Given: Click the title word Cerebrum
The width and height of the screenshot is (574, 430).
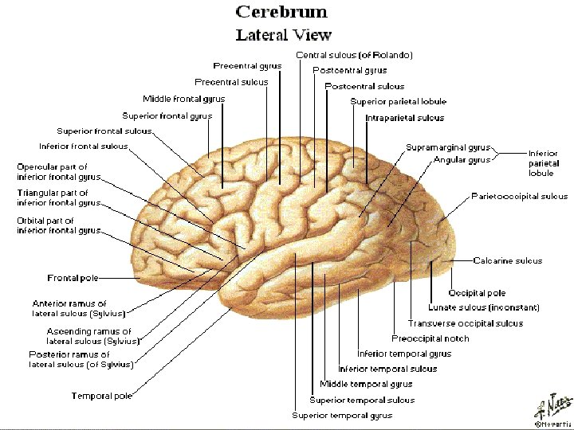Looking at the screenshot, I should pos(281,13).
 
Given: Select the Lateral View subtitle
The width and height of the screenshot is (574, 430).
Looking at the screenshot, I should pos(283,35).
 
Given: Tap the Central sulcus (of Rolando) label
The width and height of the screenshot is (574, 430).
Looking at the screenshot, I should pos(354,55).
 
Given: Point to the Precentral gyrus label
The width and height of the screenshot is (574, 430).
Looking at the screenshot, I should pos(247,65).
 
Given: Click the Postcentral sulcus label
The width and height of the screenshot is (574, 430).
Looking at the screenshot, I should pos(364,86).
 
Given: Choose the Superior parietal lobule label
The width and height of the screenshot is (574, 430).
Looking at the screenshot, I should pos(398,102).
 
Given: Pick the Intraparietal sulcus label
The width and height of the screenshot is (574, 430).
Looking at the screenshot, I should pos(404,118).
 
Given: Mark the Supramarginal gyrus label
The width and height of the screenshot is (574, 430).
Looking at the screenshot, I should pos(447,148).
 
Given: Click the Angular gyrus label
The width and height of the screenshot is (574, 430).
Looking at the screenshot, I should pos(462,160).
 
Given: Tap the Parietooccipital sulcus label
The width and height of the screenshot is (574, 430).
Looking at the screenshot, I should pos(519,196).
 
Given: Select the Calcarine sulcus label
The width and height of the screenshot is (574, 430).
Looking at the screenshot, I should pos(507,260).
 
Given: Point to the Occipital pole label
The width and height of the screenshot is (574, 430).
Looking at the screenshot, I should pos(477,293).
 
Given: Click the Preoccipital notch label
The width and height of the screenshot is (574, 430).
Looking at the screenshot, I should pos(430,338).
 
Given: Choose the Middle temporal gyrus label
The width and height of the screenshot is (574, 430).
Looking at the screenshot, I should pos(366,384).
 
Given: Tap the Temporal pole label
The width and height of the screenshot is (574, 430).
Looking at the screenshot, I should pos(101,396).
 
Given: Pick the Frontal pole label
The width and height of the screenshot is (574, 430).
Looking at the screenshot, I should pos(73,278).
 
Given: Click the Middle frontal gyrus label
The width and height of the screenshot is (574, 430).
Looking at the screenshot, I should pos(183,99).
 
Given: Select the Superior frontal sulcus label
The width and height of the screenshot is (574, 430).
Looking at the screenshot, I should pos(104,131).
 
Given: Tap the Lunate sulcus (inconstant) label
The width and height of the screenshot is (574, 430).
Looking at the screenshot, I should pos(483,307).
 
